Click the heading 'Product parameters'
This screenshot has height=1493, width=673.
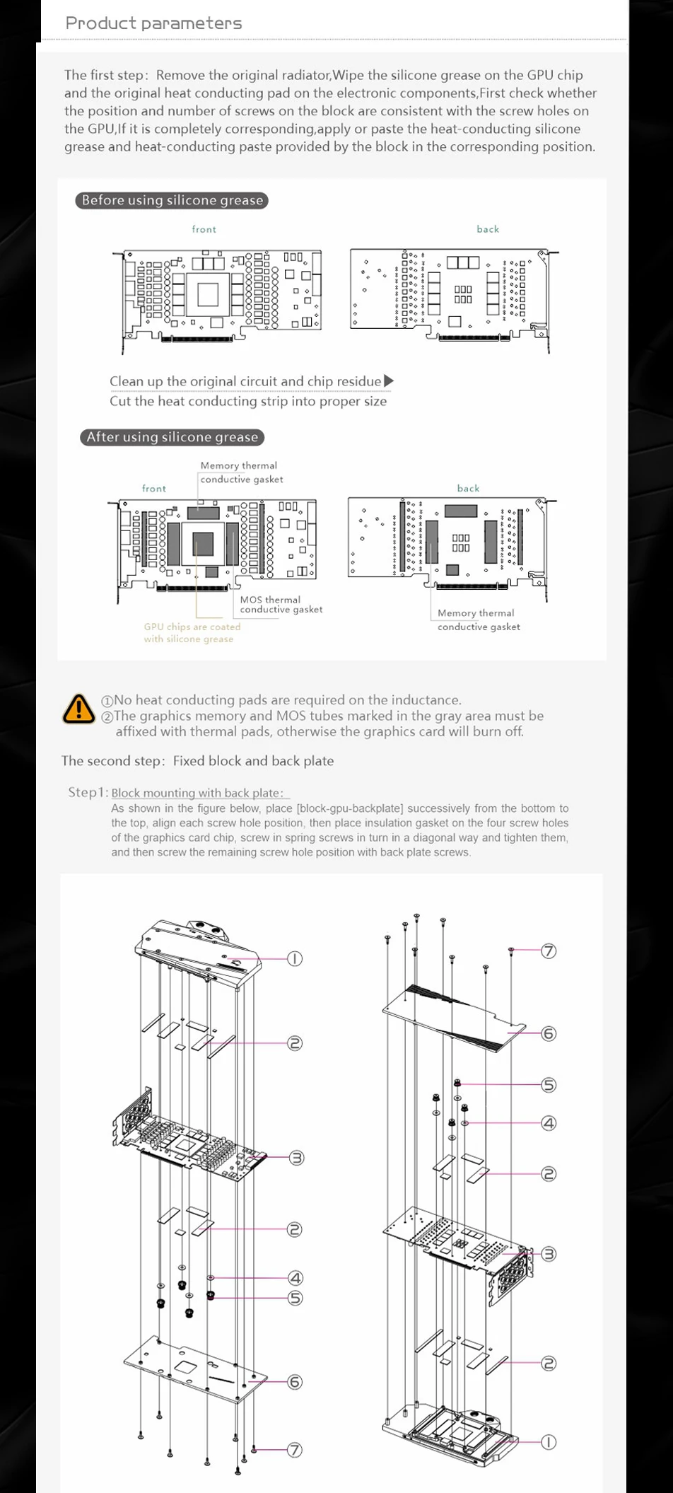tap(153, 23)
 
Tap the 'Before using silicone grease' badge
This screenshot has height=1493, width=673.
tap(172, 200)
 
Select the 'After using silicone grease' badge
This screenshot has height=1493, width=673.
tap(172, 437)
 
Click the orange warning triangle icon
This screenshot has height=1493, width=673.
tap(78, 709)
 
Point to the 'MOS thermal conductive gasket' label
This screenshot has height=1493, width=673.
tap(281, 605)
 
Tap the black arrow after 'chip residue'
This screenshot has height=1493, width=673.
tap(388, 381)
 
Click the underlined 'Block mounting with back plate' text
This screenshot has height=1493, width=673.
tap(197, 793)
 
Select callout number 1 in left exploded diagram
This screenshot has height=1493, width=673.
tap(295, 959)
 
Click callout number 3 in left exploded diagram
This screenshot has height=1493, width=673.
tap(296, 1158)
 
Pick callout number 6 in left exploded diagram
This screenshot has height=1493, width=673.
tap(295, 1381)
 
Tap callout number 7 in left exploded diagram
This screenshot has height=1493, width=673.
tap(295, 1450)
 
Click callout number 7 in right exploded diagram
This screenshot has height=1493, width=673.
tap(549, 951)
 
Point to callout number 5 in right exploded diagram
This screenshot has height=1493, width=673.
tap(549, 1085)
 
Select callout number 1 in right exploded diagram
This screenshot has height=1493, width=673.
tap(549, 1441)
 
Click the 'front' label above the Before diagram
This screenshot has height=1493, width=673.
tap(204, 229)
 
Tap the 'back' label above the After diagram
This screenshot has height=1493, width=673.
tap(468, 488)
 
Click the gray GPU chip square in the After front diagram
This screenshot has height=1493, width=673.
tap(203, 543)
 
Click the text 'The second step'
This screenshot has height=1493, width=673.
tap(112, 761)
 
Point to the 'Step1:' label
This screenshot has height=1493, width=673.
tap(88, 792)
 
